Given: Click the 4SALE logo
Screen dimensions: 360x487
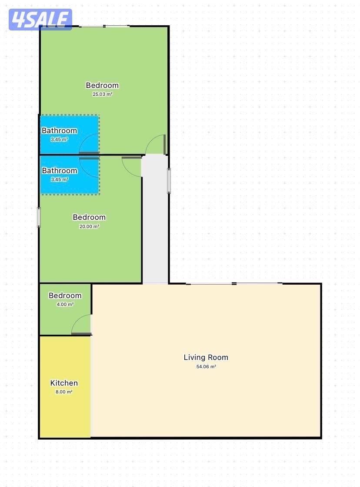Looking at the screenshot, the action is pyautogui.click(x=40, y=19).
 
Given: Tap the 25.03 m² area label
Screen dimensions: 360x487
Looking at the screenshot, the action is pyautogui.click(x=103, y=94).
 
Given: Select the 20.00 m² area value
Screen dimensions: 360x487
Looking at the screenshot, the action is pyautogui.click(x=90, y=226).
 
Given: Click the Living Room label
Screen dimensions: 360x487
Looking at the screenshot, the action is pyautogui.click(x=206, y=357).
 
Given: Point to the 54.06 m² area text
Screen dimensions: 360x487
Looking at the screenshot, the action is pyautogui.click(x=206, y=366).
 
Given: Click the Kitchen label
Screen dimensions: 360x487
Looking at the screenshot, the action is pyautogui.click(x=64, y=383).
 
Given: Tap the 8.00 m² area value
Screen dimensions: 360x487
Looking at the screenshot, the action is pyautogui.click(x=64, y=392).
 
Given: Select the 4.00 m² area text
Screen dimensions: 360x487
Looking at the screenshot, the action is pyautogui.click(x=65, y=304).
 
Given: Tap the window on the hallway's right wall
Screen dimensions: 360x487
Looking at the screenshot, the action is pyautogui.click(x=169, y=181).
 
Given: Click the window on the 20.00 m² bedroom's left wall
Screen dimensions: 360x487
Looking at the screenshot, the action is pyautogui.click(x=39, y=218).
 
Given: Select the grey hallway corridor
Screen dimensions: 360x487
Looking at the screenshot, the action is pyautogui.click(x=155, y=219).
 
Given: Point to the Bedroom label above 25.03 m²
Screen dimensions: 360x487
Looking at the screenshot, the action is pyautogui.click(x=103, y=85).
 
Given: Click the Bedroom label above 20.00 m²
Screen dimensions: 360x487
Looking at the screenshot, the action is pyautogui.click(x=90, y=217).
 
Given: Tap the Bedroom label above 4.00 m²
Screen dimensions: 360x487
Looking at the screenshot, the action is pyautogui.click(x=65, y=296).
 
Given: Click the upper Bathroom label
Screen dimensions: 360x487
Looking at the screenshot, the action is pyautogui.click(x=59, y=131).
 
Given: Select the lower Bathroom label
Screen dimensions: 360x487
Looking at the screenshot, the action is pyautogui.click(x=60, y=171).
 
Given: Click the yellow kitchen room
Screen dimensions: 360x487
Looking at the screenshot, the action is pyautogui.click(x=65, y=386).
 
